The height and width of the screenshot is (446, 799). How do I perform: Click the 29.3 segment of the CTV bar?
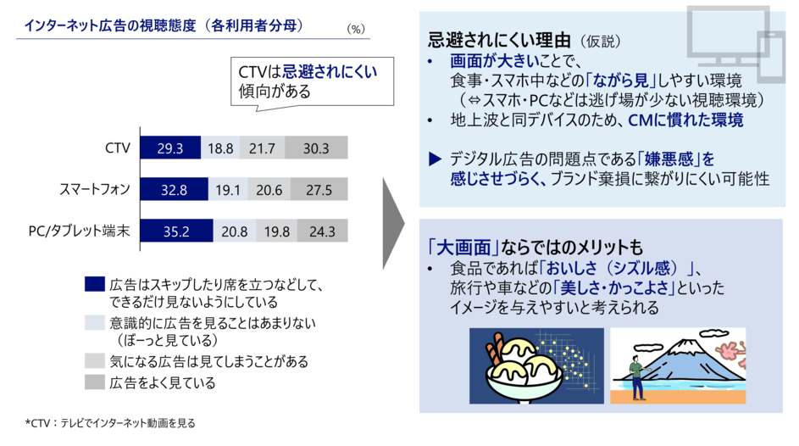[x=170, y=148]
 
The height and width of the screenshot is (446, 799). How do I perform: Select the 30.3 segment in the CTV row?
[x=316, y=148]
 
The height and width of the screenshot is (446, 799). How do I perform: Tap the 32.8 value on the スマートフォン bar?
[x=174, y=190]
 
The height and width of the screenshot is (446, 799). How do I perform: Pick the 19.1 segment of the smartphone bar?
[x=228, y=190]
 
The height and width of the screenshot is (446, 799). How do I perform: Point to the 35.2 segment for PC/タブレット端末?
[x=176, y=231]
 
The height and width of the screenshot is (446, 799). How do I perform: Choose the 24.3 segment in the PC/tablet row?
[x=323, y=231]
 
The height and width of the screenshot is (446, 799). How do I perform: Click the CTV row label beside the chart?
[x=118, y=148]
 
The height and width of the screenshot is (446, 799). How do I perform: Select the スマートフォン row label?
[x=95, y=190]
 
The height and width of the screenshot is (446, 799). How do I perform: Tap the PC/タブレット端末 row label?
[x=80, y=231]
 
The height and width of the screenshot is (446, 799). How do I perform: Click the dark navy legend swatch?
[x=95, y=284]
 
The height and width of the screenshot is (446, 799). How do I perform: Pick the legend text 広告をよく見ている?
[x=163, y=382]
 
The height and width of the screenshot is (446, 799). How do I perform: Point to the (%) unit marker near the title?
[x=356, y=29]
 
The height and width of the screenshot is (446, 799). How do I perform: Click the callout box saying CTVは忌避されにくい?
[x=312, y=82]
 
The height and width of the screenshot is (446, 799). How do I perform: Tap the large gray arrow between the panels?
[x=393, y=223]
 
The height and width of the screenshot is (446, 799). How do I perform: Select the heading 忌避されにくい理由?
[x=499, y=39]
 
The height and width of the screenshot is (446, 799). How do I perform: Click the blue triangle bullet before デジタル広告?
[x=435, y=159]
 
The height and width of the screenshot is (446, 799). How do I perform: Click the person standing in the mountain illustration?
[x=636, y=376]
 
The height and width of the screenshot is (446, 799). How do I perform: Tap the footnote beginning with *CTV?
[x=110, y=423]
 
